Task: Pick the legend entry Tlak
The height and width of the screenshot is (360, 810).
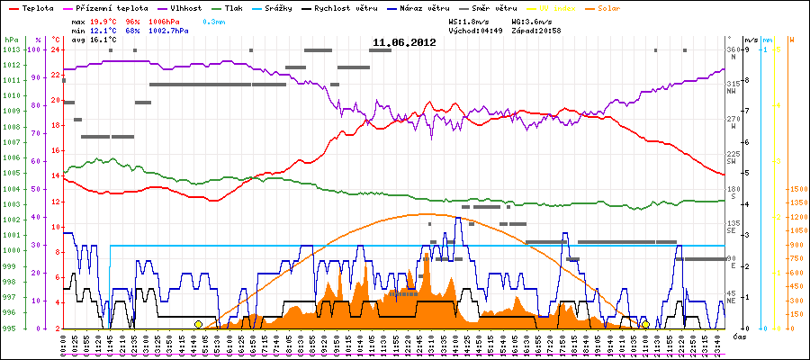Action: pyautogui.click(x=236, y=7)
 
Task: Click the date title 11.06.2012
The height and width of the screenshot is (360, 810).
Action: pyautogui.click(x=404, y=42)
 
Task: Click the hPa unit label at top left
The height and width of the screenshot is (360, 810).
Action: pyautogui.click(x=10, y=40)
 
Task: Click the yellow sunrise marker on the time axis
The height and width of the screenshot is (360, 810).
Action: pyautogui.click(x=198, y=324)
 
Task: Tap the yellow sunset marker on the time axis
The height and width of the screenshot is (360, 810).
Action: pyautogui.click(x=645, y=324)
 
